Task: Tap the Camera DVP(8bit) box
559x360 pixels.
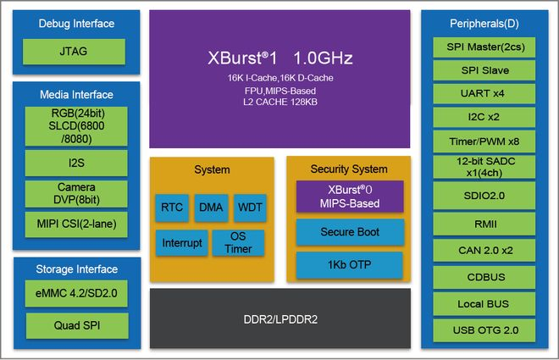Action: click(x=75, y=193)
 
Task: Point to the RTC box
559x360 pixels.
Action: click(x=172, y=207)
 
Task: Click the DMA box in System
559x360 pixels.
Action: click(x=211, y=207)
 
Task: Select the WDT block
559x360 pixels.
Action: click(x=250, y=207)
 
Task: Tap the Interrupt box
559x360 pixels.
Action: click(x=182, y=243)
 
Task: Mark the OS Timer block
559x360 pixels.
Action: click(x=237, y=243)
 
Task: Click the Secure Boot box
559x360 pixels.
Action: click(x=350, y=232)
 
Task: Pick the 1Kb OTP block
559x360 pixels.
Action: click(x=350, y=264)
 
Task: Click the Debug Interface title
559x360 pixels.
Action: click(x=76, y=24)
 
